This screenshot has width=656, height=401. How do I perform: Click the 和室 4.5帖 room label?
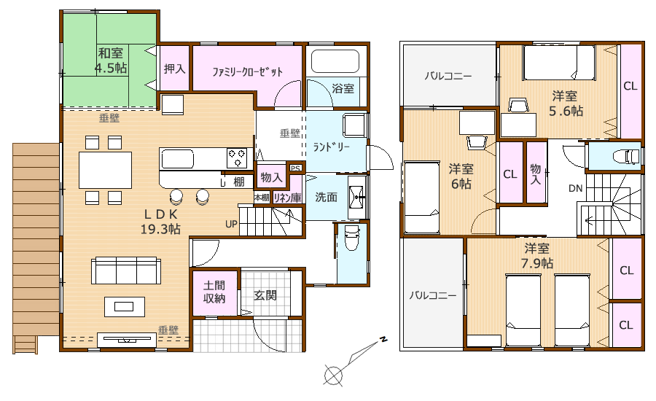111,61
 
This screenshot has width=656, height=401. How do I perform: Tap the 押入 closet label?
174,69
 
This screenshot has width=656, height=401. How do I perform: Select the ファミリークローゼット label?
247,71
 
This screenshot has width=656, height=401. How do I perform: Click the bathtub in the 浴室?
335,62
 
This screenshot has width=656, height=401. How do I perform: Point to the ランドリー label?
332,147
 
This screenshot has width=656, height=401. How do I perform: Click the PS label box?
295,168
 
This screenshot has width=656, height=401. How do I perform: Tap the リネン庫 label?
287,197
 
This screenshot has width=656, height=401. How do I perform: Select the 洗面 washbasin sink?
357,196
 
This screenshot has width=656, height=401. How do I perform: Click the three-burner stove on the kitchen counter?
237,157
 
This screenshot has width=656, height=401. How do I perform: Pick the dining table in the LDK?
106,170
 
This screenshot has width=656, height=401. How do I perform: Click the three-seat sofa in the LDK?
126,270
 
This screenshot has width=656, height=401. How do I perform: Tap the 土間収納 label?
214,292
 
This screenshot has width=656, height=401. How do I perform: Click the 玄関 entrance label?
265,295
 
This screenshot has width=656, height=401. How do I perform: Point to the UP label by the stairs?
231,224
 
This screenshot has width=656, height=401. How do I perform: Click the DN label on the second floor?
576,188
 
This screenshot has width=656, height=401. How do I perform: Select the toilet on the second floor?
626,157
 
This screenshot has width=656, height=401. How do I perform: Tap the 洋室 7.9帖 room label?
536,256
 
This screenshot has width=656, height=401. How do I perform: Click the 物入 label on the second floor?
536,174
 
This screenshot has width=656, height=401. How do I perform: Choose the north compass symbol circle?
333,374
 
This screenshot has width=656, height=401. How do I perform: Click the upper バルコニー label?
448,76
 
